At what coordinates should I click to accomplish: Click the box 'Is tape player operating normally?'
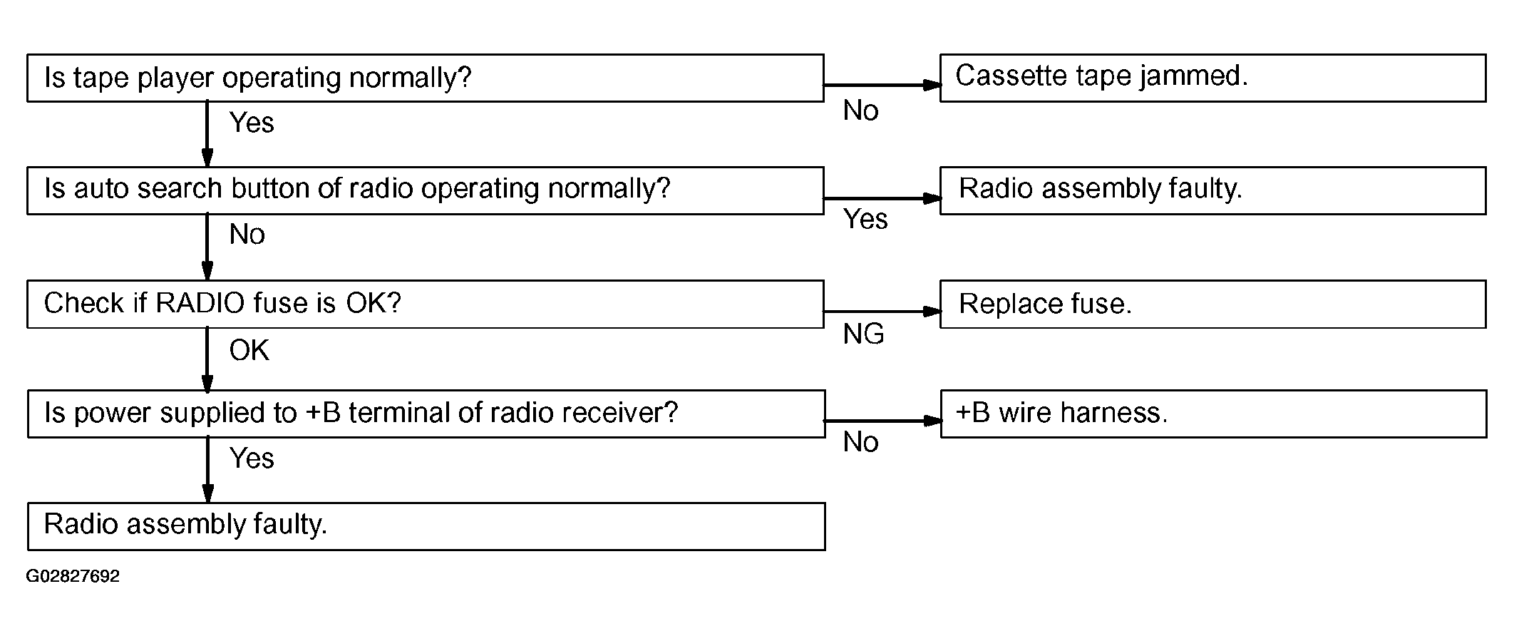(x=426, y=78)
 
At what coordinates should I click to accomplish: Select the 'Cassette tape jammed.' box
(x=1213, y=78)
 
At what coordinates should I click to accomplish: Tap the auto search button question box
(x=426, y=190)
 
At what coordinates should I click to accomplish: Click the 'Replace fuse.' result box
(x=1213, y=304)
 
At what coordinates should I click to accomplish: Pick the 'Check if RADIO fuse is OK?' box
(x=426, y=304)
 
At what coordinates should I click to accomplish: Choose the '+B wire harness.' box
(x=1213, y=414)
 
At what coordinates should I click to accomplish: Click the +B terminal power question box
(x=426, y=414)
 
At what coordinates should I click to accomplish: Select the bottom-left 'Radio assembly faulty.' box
(x=426, y=526)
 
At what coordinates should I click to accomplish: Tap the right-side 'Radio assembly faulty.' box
(x=1213, y=190)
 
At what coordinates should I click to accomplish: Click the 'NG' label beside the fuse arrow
(x=863, y=334)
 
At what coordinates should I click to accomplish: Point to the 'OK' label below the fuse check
(x=249, y=350)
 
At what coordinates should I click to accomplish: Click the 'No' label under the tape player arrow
(x=860, y=111)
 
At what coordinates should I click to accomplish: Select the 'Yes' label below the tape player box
(x=252, y=123)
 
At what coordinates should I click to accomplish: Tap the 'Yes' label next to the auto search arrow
(x=865, y=219)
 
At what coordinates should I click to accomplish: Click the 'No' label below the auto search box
(x=247, y=234)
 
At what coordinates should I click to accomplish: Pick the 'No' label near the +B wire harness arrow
(x=860, y=442)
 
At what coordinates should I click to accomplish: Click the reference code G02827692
(x=73, y=576)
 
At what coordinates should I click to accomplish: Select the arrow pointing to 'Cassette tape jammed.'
(x=882, y=85)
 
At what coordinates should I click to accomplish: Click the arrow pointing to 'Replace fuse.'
(x=882, y=311)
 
